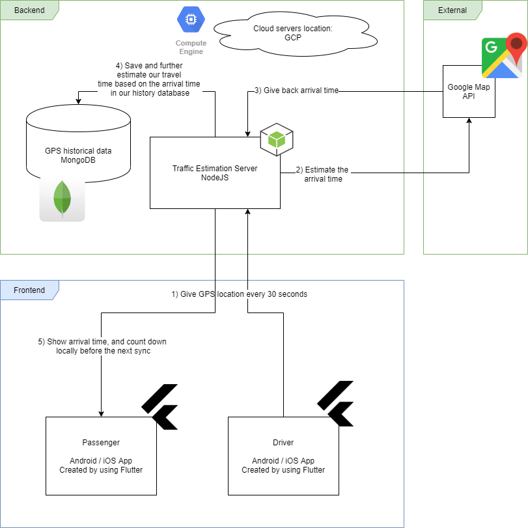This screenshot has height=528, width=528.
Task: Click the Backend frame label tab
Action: (29, 10)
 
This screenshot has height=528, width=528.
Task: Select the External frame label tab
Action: (452, 10)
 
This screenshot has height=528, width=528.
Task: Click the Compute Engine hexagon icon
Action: (191, 21)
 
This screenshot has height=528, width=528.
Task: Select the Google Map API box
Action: (469, 91)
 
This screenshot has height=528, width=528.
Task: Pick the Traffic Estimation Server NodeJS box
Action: (215, 173)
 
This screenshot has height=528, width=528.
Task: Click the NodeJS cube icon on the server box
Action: (277, 139)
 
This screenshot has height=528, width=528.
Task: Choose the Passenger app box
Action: (101, 456)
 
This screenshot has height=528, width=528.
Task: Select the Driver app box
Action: (283, 456)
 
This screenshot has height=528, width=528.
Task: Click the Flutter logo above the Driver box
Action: (335, 404)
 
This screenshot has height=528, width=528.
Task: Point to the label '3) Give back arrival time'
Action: (296, 90)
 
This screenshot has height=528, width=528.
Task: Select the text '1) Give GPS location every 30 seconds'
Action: (239, 294)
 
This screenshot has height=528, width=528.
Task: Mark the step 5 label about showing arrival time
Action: (102, 346)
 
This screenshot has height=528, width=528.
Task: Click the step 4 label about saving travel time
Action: (149, 79)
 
